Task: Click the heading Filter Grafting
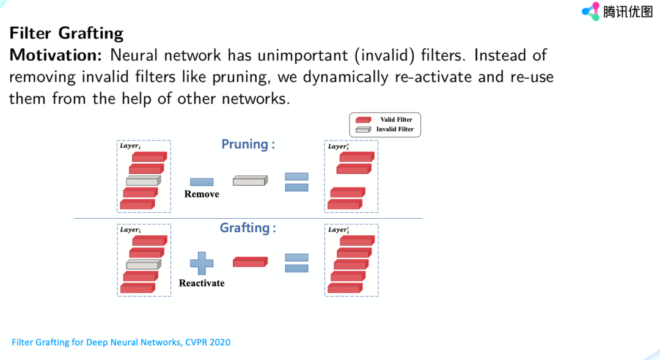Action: click(67, 32)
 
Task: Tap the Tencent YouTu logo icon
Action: click(591, 11)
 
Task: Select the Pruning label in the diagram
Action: click(248, 144)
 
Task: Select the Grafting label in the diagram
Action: click(248, 228)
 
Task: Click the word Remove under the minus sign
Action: click(202, 194)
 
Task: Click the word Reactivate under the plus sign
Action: click(202, 283)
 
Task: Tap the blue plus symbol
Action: click(202, 263)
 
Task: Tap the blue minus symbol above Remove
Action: click(202, 182)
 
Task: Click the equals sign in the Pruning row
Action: click(296, 182)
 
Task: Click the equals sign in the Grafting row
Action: click(296, 263)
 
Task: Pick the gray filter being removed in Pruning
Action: click(250, 181)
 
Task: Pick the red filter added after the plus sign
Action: click(250, 262)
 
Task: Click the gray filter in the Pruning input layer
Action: click(143, 181)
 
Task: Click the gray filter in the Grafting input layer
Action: click(143, 265)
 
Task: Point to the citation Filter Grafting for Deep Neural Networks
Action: click(121, 342)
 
